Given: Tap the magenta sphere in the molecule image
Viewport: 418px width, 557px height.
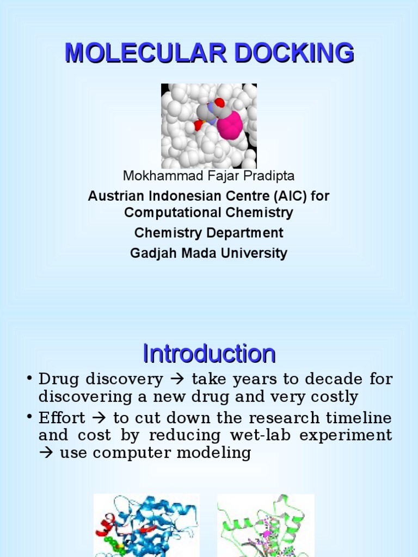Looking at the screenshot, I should click(230, 126).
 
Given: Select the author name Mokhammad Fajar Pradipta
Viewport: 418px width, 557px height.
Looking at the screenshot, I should click(208, 176).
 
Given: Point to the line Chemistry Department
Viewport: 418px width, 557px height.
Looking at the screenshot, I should click(208, 233).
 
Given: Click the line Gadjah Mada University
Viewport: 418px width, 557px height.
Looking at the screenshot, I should click(208, 253).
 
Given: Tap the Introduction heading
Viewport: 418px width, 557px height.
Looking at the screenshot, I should click(209, 354).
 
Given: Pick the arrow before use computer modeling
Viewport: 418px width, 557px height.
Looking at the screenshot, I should click(46, 453).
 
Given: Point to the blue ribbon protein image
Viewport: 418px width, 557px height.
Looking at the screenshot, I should click(146, 525).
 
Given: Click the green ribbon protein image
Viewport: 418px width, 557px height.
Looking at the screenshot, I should click(266, 525).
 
